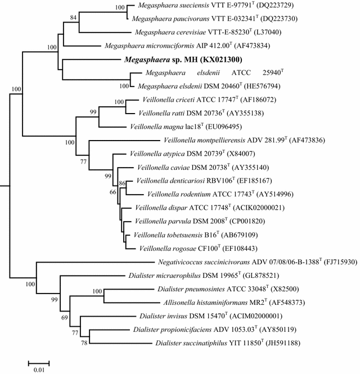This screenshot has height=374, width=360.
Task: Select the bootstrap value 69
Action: click(65, 319)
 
